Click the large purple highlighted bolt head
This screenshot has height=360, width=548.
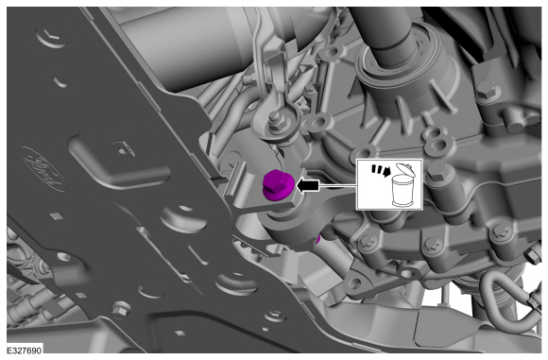pos(277,185)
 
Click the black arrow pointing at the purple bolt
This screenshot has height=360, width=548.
pos(308,185)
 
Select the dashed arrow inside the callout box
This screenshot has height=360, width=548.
pos(381,170)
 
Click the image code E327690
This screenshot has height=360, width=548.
pos(25,351)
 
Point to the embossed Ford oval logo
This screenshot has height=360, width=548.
pos(43,169)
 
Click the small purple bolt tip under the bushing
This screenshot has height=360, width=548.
pos(317,240)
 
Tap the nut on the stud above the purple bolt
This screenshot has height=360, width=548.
pos(275,122)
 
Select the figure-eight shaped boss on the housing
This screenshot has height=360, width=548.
pos(436,139)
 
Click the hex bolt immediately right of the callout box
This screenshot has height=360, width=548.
pos(437,172)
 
